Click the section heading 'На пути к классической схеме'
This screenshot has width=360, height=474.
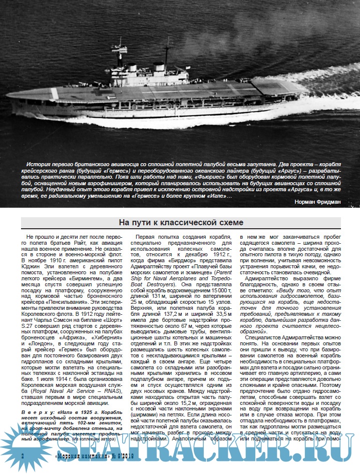pos(180,222)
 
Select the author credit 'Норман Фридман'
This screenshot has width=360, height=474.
pos(318,201)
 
